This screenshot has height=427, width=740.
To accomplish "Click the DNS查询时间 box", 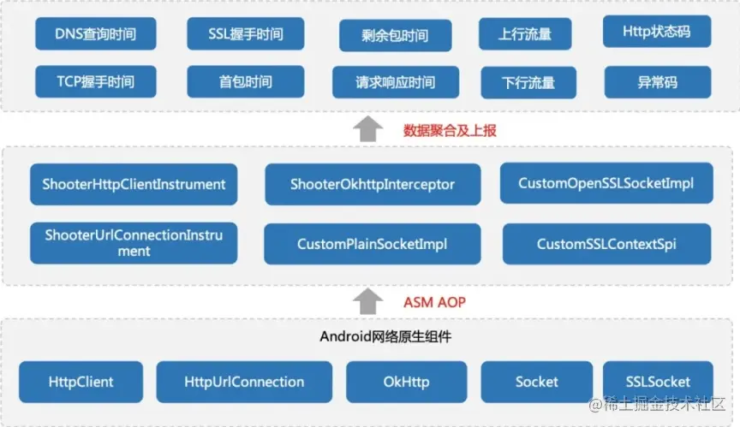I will (x=97, y=34).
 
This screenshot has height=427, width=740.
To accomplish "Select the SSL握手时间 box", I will (x=245, y=34).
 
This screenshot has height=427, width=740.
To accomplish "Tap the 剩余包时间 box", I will (x=395, y=36).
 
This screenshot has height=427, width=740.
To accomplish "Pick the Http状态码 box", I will (x=658, y=33).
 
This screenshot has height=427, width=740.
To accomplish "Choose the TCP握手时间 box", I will (x=97, y=82).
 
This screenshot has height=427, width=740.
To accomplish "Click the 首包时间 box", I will (x=245, y=82).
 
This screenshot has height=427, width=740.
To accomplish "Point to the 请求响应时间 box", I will (x=395, y=82).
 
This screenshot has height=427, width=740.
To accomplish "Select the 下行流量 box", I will (x=528, y=83).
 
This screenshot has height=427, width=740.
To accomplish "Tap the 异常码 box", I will (x=658, y=82).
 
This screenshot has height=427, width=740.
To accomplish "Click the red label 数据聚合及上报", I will (x=450, y=131).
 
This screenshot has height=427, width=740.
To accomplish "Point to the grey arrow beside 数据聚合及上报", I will (x=368, y=129).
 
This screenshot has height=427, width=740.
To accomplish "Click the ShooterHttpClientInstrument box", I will (x=134, y=184).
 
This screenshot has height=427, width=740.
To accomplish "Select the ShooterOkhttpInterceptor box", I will (x=372, y=184).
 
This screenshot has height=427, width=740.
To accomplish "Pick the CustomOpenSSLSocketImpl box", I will (x=606, y=183).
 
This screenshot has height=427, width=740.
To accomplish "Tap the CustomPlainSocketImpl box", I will (x=372, y=244).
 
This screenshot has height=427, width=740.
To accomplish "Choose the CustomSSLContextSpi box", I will (x=606, y=244).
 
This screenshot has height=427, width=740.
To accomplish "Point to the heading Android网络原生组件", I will (x=385, y=336).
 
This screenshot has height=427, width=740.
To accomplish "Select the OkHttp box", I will (x=407, y=382).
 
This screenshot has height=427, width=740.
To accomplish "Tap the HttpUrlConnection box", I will (x=244, y=382).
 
